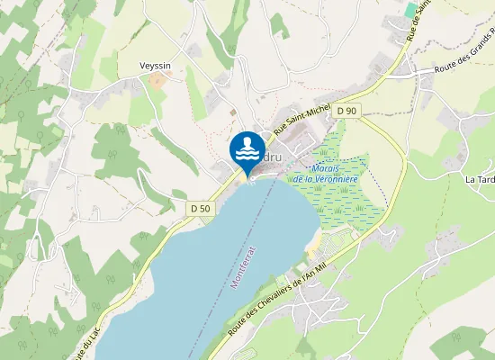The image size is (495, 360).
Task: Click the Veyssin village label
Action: pyautogui.click(x=155, y=66)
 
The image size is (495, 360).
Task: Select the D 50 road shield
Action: pyautogui.click(x=200, y=208)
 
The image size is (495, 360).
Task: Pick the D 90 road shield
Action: pyautogui.click(x=346, y=111)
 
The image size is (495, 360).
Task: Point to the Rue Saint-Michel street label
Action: pyautogui.click(x=303, y=121)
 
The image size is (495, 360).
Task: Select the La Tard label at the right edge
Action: pyautogui.click(x=479, y=179)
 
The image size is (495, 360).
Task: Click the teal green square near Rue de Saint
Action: pyautogui.click(x=410, y=9)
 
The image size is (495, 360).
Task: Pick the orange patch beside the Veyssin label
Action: pyautogui.click(x=158, y=80)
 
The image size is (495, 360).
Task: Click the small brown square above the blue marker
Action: pyautogui.click(x=233, y=112)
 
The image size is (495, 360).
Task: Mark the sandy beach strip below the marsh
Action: pyautogui.click(x=311, y=240)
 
